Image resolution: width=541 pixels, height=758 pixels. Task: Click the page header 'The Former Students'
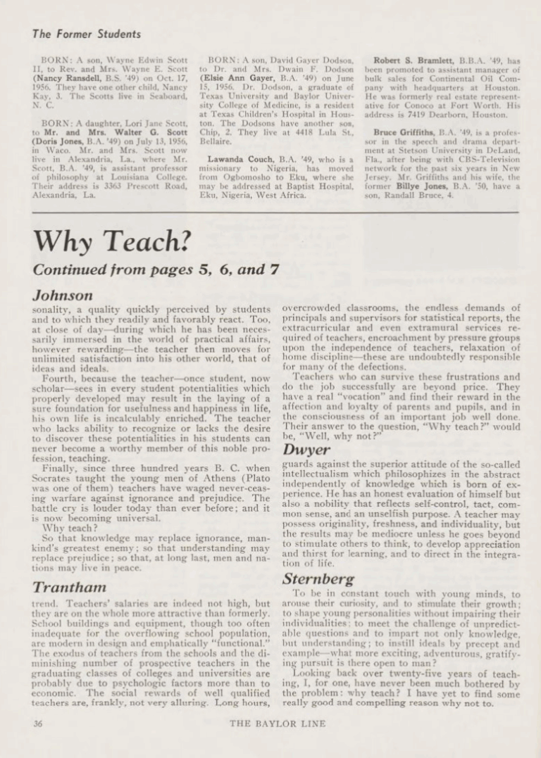tap(86, 34)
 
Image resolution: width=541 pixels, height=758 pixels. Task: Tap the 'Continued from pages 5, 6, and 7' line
tap(156, 269)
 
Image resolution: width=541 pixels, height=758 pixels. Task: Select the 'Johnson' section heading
tap(63, 295)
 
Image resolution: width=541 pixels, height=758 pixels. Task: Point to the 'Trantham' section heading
tap(68, 586)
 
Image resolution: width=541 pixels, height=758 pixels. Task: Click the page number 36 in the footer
tap(39, 722)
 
